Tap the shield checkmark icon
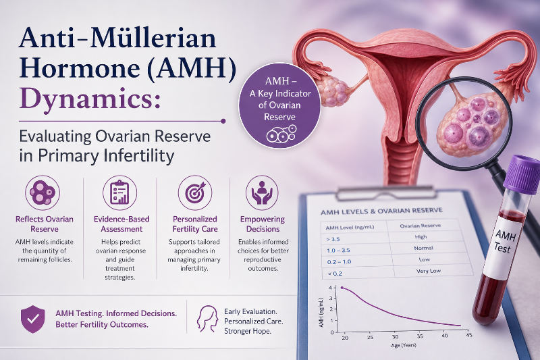point(32,319)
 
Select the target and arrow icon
point(195,192)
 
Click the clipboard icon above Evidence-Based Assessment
point(120,192)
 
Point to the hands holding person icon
point(262,192)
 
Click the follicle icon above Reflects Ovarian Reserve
point(43,192)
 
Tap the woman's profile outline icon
point(207,319)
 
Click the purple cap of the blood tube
point(521,172)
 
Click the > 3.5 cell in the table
point(333,238)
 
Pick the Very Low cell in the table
point(428,271)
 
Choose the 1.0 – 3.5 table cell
point(338,250)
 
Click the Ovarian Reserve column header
point(420,226)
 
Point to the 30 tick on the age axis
point(395,336)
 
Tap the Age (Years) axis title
point(403,345)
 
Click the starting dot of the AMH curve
point(342,288)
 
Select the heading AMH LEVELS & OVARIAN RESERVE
point(381,211)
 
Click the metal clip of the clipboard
point(384,194)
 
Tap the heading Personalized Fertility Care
point(195,224)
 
